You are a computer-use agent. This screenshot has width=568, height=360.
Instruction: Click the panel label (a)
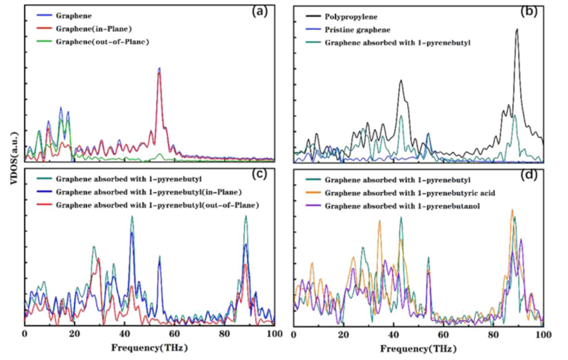(x=260, y=11)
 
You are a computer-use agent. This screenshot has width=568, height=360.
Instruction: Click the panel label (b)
(x=529, y=11)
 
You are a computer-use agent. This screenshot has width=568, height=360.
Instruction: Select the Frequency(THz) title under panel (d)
(x=417, y=348)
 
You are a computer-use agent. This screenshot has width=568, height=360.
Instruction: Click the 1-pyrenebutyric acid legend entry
(x=413, y=193)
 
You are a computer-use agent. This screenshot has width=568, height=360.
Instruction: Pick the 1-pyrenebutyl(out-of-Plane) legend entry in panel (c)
(x=157, y=205)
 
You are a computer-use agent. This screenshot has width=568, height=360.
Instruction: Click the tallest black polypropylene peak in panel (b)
(x=517, y=30)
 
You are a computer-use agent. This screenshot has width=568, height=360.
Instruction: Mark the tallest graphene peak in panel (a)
(x=159, y=68)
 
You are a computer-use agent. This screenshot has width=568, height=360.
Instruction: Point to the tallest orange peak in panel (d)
(x=512, y=210)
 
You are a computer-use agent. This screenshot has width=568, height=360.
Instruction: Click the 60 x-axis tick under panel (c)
(x=174, y=332)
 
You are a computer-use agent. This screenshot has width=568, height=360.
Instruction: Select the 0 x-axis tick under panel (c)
(x=25, y=332)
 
